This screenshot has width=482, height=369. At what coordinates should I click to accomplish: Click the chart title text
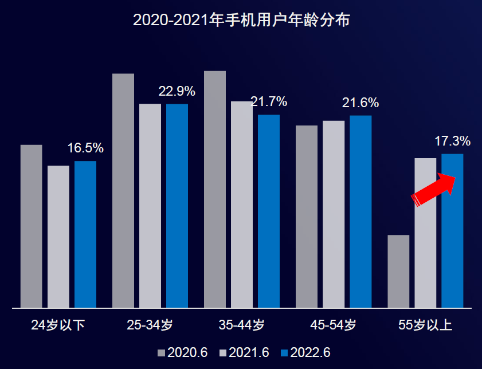(x=241, y=21)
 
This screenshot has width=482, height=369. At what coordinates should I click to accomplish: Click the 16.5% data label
(x=85, y=148)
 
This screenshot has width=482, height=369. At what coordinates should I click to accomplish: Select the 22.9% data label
(x=177, y=91)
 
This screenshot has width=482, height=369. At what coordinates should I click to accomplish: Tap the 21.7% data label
(x=269, y=102)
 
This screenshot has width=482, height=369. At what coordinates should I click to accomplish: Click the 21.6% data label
(x=360, y=103)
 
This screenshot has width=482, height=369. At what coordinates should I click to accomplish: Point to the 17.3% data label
(x=452, y=141)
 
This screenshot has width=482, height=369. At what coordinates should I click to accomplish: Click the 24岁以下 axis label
(x=58, y=325)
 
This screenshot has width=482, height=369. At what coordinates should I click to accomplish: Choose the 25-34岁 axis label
(x=150, y=325)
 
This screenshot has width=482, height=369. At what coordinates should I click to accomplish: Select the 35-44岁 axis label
(x=241, y=325)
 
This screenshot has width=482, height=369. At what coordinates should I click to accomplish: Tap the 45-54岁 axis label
(x=333, y=325)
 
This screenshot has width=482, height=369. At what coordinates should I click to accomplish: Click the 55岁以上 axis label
(x=425, y=325)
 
